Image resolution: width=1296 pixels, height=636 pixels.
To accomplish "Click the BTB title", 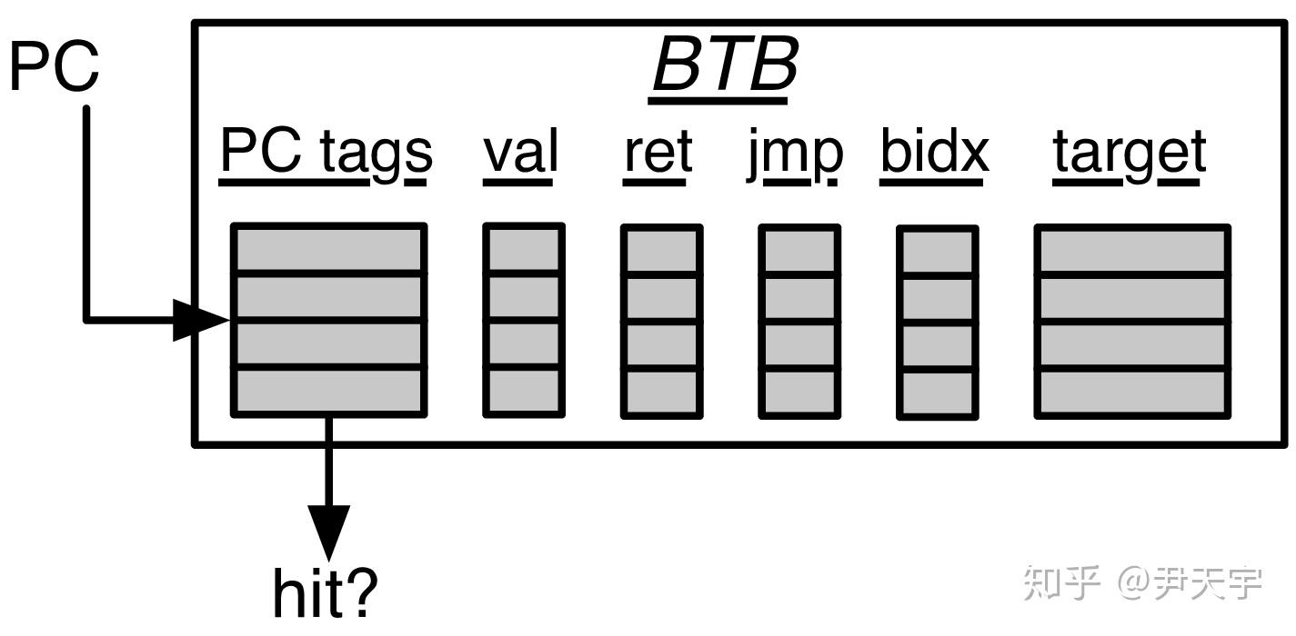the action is (x=725, y=65).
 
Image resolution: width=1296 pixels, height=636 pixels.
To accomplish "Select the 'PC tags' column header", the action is (x=326, y=153).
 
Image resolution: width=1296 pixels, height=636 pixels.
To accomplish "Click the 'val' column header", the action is (x=519, y=153).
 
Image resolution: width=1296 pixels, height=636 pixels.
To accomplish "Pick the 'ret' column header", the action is (x=658, y=153).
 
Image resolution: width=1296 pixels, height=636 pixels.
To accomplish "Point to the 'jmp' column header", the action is (x=795, y=153).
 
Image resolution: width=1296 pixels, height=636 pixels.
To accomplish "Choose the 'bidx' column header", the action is (x=934, y=153).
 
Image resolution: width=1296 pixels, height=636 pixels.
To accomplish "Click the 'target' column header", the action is (x=1130, y=153).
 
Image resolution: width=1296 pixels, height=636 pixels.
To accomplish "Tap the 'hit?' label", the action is (x=325, y=591).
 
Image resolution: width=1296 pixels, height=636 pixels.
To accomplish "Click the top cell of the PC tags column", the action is (x=328, y=248).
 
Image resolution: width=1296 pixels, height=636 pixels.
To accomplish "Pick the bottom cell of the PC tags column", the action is (x=328, y=392).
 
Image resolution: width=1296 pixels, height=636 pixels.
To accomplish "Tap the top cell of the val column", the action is (x=523, y=248).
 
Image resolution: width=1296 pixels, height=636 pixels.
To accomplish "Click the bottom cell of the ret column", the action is (x=661, y=393).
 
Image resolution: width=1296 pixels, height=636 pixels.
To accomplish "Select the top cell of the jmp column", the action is (x=799, y=248).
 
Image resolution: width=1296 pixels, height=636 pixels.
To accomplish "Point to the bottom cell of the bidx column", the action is (x=937, y=393).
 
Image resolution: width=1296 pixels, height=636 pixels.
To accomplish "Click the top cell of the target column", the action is (x=1132, y=248).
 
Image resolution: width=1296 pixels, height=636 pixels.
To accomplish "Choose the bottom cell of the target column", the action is (x=1132, y=392).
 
